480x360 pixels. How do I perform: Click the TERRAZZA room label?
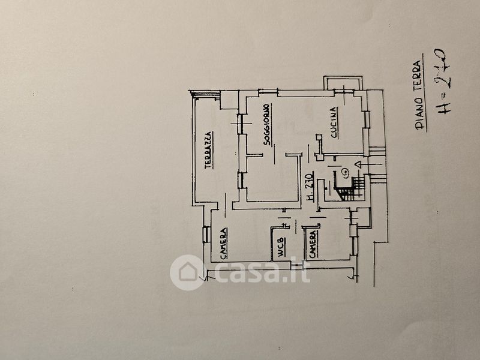pyautogui.click(x=207, y=149)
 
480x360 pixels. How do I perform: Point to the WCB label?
pyautogui.click(x=280, y=249)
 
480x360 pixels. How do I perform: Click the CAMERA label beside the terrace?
pyautogui.click(x=223, y=244)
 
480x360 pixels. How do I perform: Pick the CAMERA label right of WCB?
pyautogui.click(x=313, y=244)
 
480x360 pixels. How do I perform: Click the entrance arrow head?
pyautogui.click(x=359, y=164)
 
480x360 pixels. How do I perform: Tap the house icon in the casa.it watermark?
pyautogui.click(x=187, y=272)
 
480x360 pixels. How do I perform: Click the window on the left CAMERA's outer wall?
pyautogui.click(x=206, y=234)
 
